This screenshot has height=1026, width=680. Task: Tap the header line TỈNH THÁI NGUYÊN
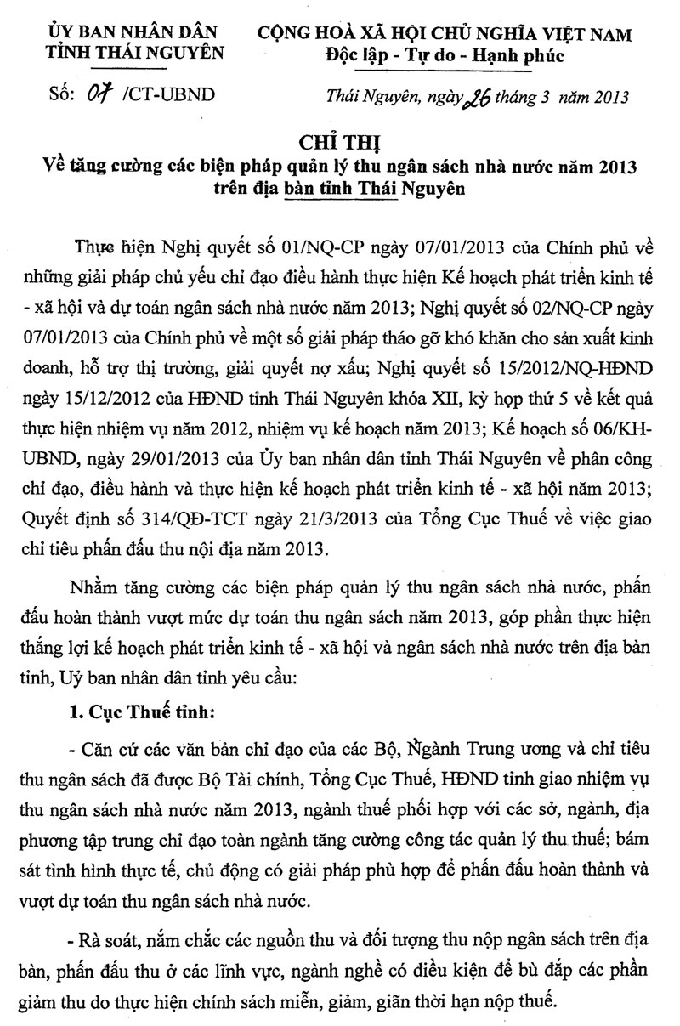[136, 53]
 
